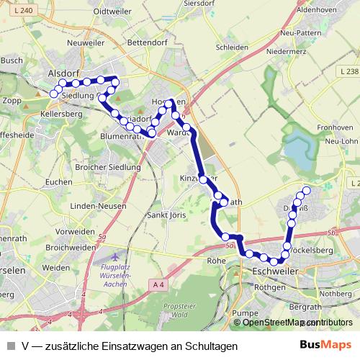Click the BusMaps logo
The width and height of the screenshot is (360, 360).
pos(325,346)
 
